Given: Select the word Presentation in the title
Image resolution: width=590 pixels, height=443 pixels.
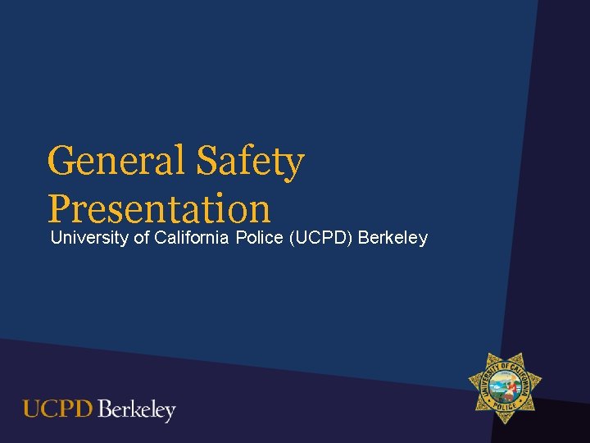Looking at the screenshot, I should [159, 208].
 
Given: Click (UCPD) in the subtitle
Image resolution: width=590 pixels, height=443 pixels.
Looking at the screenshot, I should [320, 239].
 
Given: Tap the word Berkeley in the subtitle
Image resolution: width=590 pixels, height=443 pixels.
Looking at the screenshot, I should [393, 239].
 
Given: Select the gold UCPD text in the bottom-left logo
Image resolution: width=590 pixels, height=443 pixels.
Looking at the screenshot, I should [57, 409].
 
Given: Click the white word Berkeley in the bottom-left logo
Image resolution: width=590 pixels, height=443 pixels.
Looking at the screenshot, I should [136, 409].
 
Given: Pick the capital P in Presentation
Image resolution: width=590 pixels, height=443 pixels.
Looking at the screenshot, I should [60, 208].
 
